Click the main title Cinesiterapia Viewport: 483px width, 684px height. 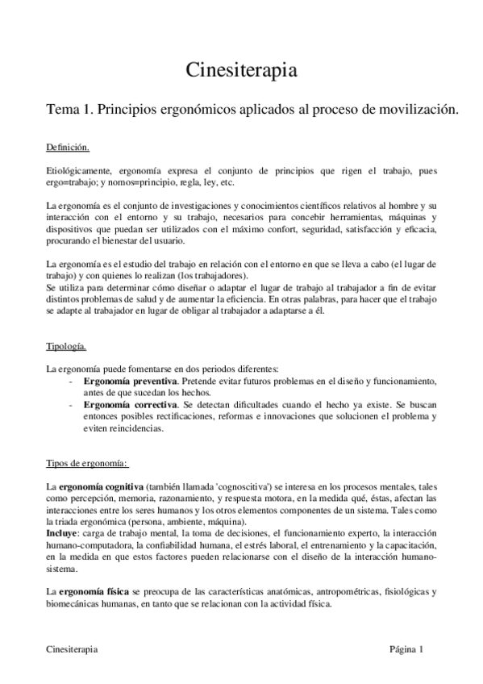click(x=241, y=70)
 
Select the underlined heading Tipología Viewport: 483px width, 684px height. click(x=65, y=347)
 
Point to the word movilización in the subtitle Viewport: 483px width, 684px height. click(x=419, y=112)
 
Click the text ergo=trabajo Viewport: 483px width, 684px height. click(x=69, y=183)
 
